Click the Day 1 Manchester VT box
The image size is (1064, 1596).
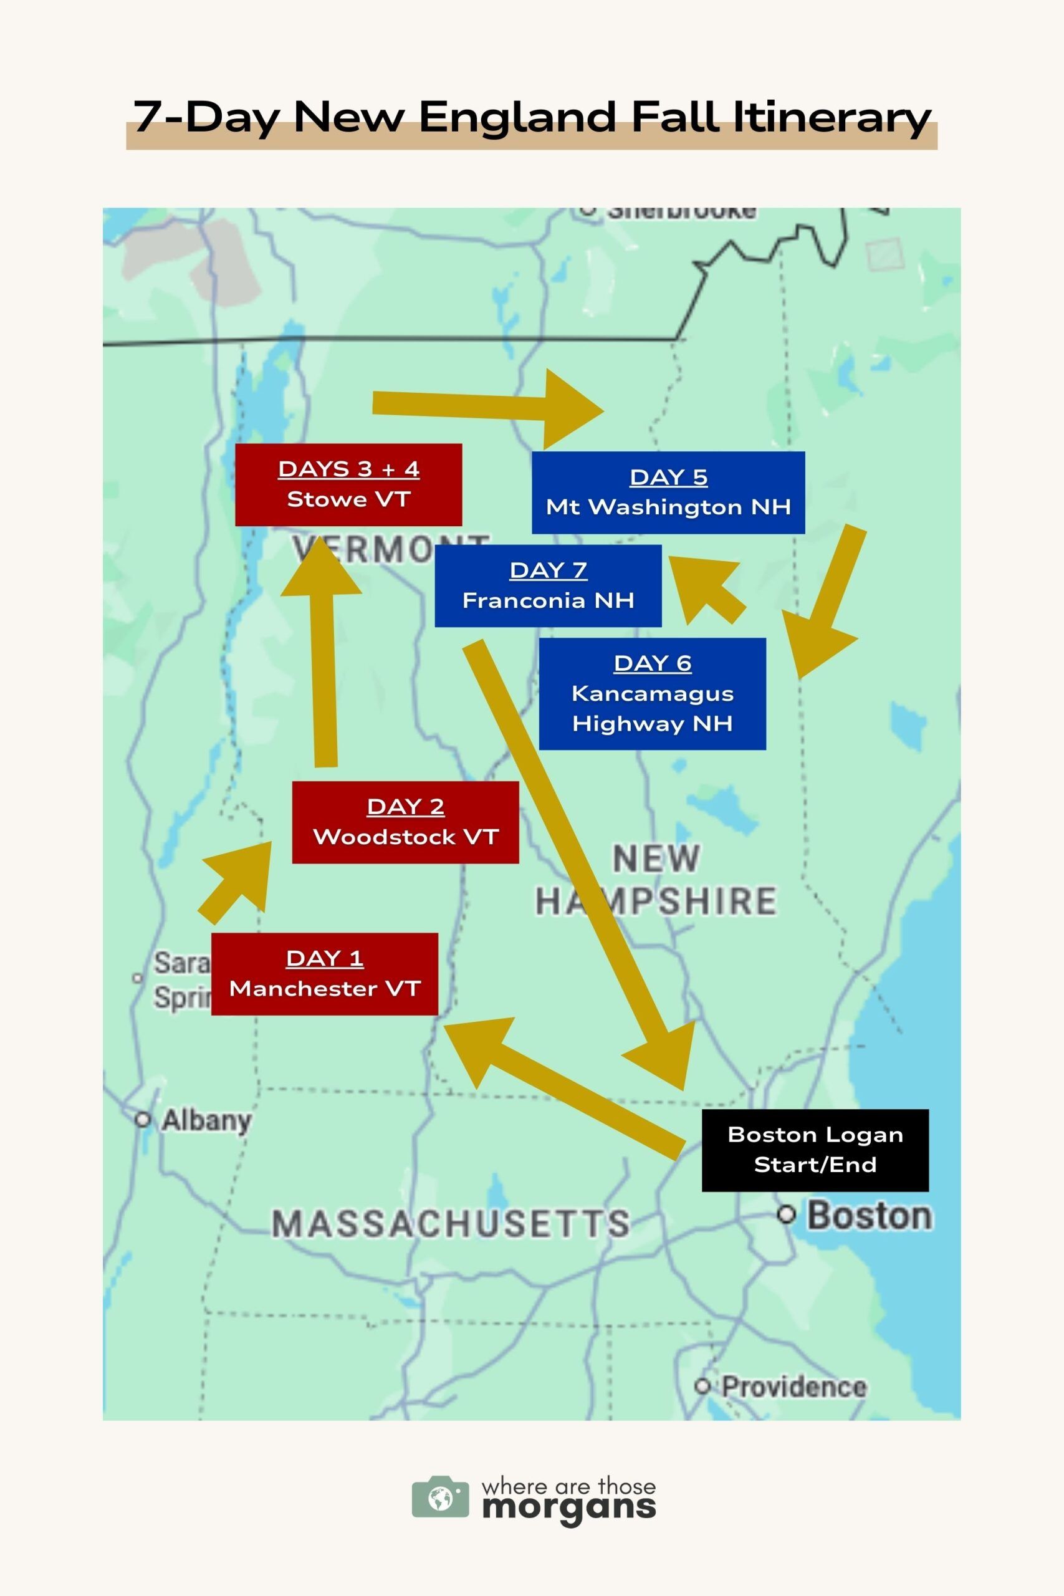pyautogui.click(x=324, y=974)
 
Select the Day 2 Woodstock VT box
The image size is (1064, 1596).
pyautogui.click(x=405, y=822)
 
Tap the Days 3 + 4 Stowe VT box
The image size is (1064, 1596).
pyautogui.click(x=348, y=484)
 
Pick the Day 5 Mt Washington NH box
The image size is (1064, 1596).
pyautogui.click(x=668, y=493)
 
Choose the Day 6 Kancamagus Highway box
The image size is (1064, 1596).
pyautogui.click(x=652, y=693)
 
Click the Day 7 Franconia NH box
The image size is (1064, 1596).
pyautogui.click(x=548, y=585)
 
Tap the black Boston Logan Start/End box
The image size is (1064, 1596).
pyautogui.click(x=814, y=1150)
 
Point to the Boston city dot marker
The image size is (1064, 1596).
pyautogui.click(x=786, y=1214)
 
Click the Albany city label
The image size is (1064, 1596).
pyautogui.click(x=206, y=1120)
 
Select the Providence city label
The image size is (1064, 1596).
pyautogui.click(x=793, y=1387)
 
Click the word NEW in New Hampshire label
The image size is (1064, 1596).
pyautogui.click(x=656, y=858)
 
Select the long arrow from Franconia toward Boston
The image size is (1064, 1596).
pyautogui.click(x=577, y=848)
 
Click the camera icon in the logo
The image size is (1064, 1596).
pyautogui.click(x=439, y=1497)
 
